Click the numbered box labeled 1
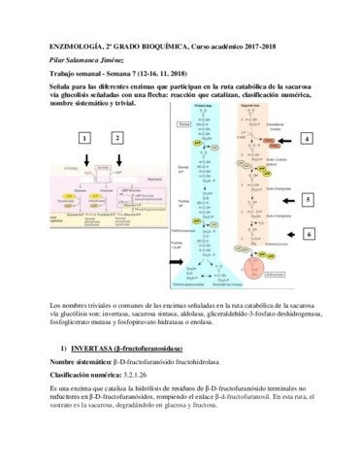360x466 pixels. [x=84, y=139]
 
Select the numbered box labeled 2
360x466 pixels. [x=117, y=139]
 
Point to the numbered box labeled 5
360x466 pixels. [x=308, y=200]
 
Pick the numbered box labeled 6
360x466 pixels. [x=308, y=235]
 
